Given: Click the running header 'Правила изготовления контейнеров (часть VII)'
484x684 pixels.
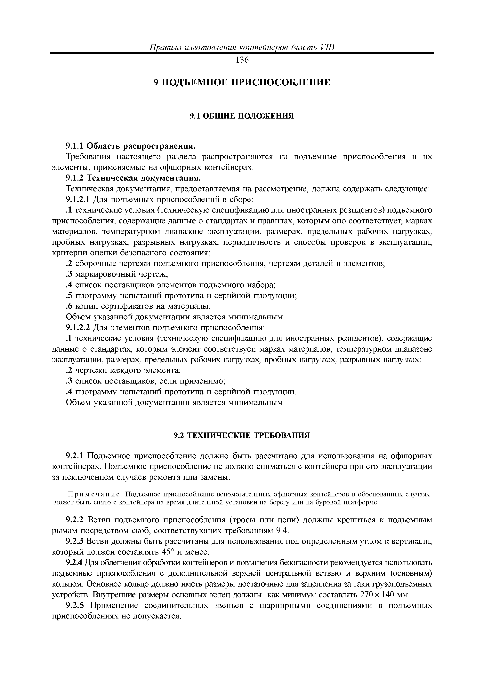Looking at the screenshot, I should [242, 48].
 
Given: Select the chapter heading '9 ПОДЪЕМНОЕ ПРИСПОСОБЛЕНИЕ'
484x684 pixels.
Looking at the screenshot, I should [242, 82].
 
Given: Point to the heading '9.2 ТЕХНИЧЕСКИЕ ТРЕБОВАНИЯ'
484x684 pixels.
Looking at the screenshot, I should [242, 436].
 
